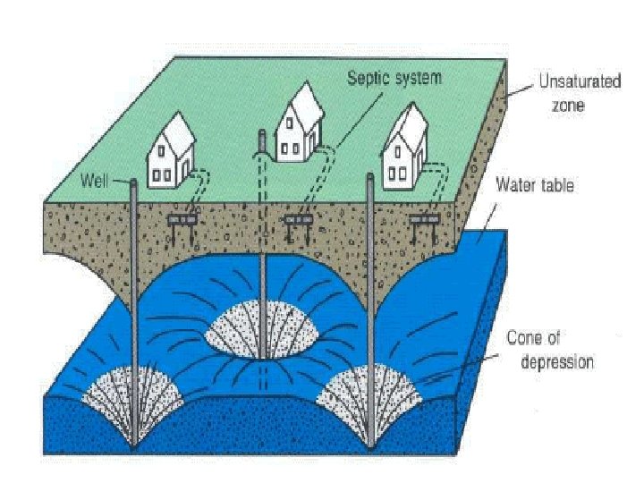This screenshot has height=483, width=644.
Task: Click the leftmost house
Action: pyautogui.click(x=173, y=152)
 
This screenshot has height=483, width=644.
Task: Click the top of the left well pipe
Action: pyautogui.click(x=133, y=182)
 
